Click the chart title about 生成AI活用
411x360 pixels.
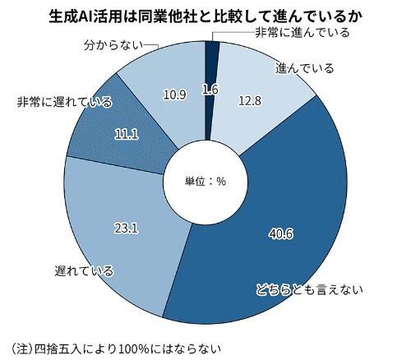point(205,14)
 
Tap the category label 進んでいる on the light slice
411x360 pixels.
point(305,68)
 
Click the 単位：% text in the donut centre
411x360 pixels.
point(205,181)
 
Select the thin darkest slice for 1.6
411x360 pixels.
point(211,58)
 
